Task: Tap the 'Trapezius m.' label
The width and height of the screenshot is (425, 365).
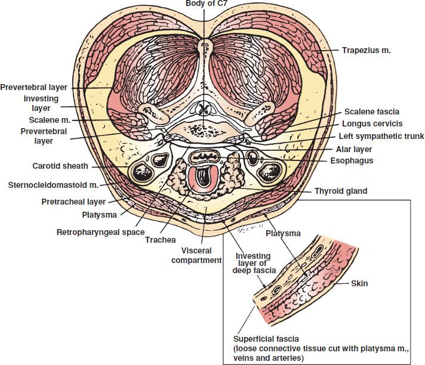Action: [366, 51]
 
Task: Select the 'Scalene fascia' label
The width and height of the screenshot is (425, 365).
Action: [372, 112]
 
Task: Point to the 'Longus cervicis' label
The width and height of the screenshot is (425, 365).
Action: [373, 123]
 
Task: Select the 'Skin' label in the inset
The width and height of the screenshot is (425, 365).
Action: [359, 284]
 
